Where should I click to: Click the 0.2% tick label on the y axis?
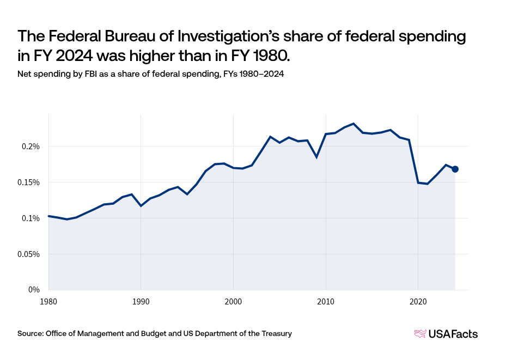tap(31, 147)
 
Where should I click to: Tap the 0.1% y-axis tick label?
tap(31, 218)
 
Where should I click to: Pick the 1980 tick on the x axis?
tap(48, 301)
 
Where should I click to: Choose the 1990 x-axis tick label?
tap(141, 301)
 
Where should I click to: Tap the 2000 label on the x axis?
tap(233, 301)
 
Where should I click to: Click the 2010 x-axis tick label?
tap(326, 301)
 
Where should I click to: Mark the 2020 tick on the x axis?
tap(418, 301)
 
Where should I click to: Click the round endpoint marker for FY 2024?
tap(455, 169)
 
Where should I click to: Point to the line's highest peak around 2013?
tap(353, 124)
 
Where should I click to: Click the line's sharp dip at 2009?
tap(316, 157)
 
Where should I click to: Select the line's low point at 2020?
tap(418, 182)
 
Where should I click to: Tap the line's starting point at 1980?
tap(49, 216)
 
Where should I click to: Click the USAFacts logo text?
tap(453, 334)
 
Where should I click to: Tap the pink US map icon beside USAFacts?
tap(420, 334)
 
